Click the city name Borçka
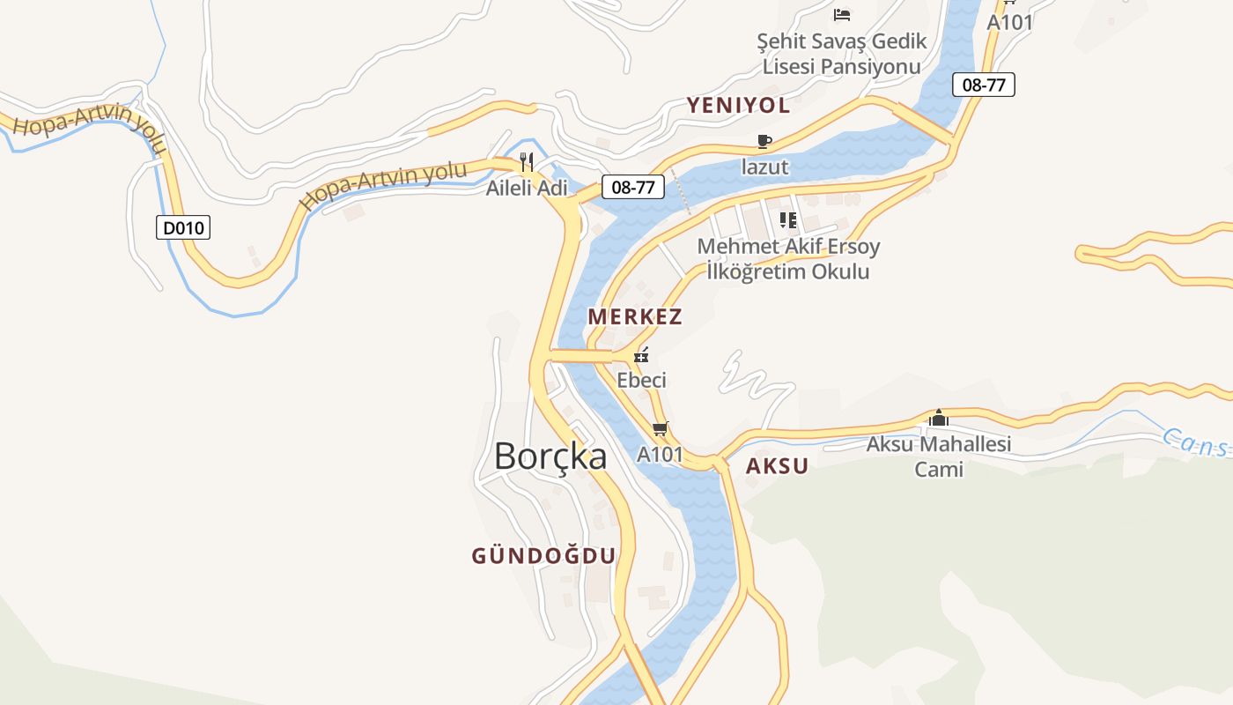coord(550,456)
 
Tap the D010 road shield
coord(183,228)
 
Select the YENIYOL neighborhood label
coord(738,106)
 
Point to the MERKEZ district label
coord(635,316)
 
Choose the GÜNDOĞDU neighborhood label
coord(543,555)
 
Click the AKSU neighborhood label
coord(777,466)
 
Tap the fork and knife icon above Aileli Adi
coord(527,162)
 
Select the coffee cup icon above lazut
coord(764,141)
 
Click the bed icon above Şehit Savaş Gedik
coord(842,14)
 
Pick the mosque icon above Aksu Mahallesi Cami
coord(939,418)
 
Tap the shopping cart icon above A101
coord(661,429)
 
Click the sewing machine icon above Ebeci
coord(642,355)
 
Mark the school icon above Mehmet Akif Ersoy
coord(788,219)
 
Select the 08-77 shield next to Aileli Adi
coord(633,187)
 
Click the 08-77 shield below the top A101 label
coord(984,85)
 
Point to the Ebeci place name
coord(641,381)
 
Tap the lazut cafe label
coord(764,167)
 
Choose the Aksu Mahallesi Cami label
coord(939,456)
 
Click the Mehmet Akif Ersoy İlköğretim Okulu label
coord(788,259)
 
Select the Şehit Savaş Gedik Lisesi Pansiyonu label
coord(842,54)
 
